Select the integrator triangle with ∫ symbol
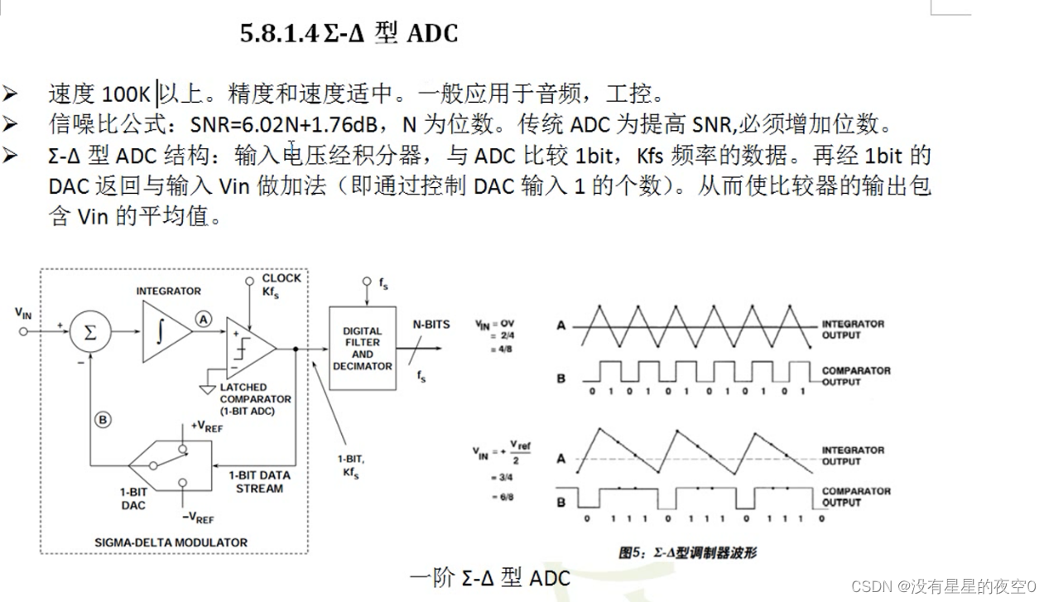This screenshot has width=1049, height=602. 165,332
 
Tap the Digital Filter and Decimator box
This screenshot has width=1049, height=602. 362,348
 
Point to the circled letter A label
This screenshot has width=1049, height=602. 203,319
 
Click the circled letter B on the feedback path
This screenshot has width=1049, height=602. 103,420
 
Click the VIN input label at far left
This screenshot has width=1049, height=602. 23,312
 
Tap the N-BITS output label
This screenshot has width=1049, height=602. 431,324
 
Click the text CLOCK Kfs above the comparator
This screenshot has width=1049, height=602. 281,285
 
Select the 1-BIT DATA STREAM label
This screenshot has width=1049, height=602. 259,482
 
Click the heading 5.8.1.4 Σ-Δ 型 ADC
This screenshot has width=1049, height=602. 349,34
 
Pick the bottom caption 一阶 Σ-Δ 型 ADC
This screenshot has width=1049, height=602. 489,577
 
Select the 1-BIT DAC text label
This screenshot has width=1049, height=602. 133,498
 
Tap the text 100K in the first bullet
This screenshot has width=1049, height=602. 126,94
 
